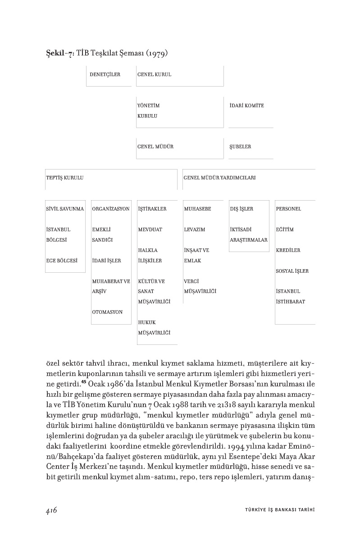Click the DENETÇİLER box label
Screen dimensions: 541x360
(105, 74)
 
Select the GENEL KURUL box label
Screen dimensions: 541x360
(154, 74)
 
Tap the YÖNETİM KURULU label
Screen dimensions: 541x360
(148, 110)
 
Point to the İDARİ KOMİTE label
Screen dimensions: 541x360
(246, 105)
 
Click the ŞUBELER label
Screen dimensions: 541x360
(240, 147)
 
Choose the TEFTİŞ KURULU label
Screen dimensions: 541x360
(65, 178)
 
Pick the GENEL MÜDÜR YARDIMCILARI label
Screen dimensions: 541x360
(219, 178)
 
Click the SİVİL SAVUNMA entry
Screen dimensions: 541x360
(65, 209)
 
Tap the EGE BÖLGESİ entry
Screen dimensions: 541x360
(62, 260)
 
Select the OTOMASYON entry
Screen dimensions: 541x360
(107, 312)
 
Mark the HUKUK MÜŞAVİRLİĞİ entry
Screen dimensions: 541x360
(150, 327)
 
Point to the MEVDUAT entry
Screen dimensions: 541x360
(150, 229)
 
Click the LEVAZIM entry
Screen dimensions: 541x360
(195, 229)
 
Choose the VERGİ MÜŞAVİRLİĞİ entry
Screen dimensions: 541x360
(200, 286)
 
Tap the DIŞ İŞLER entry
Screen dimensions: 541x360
(242, 209)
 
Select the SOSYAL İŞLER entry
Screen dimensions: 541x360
(292, 271)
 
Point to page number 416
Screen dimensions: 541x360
(51, 510)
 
